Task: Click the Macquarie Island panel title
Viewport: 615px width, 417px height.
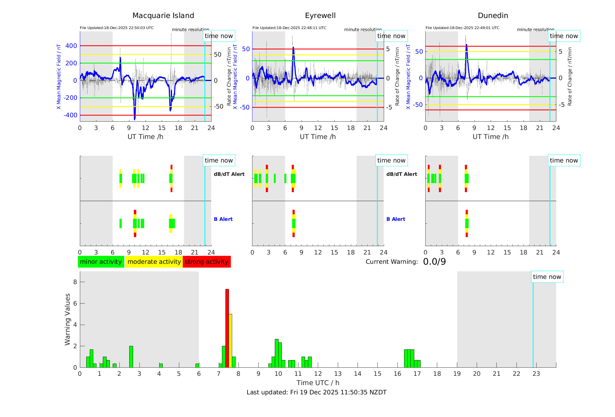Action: [x=163, y=16]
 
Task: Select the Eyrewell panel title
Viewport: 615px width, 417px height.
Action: [x=320, y=16]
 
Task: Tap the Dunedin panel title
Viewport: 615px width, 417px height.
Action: [x=493, y=16]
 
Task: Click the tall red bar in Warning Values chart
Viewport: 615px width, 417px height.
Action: [x=227, y=328]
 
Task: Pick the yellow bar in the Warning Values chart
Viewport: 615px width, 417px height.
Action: [x=230, y=340]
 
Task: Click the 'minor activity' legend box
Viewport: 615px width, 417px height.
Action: [x=101, y=262]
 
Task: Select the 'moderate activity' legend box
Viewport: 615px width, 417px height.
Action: [x=154, y=262]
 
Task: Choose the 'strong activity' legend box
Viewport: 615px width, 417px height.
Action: [x=207, y=262]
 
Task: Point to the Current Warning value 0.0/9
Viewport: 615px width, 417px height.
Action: [x=434, y=262]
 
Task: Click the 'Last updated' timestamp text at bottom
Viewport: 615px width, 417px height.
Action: [x=316, y=392]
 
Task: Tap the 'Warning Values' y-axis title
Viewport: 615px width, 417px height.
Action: [x=68, y=319]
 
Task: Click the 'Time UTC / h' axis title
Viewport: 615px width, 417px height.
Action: [x=318, y=383]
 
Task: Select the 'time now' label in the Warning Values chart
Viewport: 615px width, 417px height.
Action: [x=547, y=277]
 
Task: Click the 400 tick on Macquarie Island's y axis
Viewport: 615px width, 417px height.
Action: [x=71, y=46]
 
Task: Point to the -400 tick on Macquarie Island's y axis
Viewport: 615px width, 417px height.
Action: [x=70, y=115]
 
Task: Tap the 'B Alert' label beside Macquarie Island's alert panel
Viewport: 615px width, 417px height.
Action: [x=223, y=219]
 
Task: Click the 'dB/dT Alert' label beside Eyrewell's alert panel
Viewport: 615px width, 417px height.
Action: [x=401, y=174]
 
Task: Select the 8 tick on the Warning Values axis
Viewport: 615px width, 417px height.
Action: [x=75, y=282]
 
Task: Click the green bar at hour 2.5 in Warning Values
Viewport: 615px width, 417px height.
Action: [x=131, y=356]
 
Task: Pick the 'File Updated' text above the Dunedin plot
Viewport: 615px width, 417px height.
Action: [x=462, y=28]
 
